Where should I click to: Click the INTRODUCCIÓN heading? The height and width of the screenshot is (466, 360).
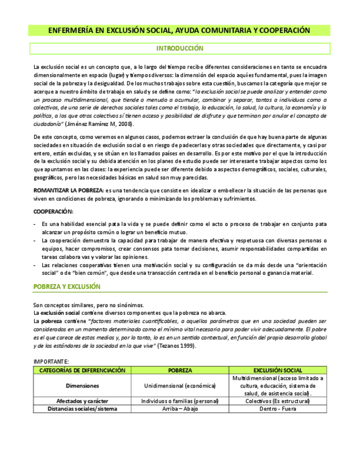pos(180,48)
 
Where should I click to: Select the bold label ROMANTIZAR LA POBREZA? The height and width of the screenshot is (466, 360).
pos(69,190)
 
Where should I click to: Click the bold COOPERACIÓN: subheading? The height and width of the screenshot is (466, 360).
pos(53,211)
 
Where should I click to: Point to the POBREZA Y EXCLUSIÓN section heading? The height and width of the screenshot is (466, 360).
pos(67,286)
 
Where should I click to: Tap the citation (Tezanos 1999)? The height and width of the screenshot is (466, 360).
pos(176,346)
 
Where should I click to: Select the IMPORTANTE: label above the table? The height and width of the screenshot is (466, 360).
pos(51,362)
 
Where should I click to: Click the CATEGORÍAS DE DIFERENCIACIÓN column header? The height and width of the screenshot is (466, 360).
pos(82,370)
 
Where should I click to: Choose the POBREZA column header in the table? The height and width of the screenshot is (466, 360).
pos(180,370)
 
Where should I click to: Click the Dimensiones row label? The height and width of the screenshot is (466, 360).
pos(82,386)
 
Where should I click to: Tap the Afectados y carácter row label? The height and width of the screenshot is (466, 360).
pos(82,401)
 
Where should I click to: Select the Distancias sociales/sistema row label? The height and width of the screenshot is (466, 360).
pos(82,409)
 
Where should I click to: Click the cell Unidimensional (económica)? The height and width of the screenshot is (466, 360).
pos(180,386)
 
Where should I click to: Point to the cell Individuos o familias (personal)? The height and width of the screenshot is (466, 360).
pos(180,401)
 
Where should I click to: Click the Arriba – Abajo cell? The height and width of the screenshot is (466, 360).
pos(180,409)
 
